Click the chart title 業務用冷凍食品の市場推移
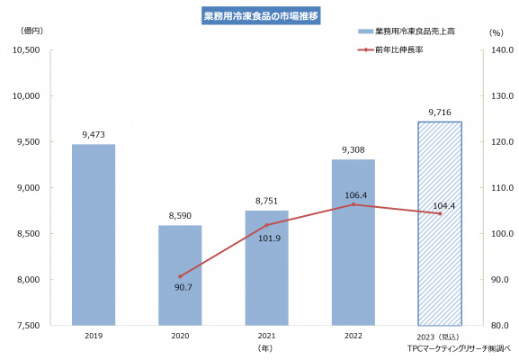point(261,16)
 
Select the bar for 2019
point(94,235)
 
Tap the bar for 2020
point(180,275)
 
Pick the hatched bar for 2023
point(440,223)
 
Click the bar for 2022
point(353,242)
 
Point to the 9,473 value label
point(94,135)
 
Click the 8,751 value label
point(266,201)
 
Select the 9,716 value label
point(440,112)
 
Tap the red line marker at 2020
point(180,276)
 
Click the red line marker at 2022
point(353,204)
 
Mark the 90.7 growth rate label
point(183,287)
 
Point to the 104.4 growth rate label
point(443,206)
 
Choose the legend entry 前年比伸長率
point(390,49)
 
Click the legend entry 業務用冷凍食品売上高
point(407,31)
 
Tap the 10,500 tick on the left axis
point(26,50)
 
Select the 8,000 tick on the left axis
point(28,280)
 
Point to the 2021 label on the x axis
point(266,336)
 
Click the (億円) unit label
point(31,31)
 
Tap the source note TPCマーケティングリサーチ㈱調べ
point(459,348)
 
